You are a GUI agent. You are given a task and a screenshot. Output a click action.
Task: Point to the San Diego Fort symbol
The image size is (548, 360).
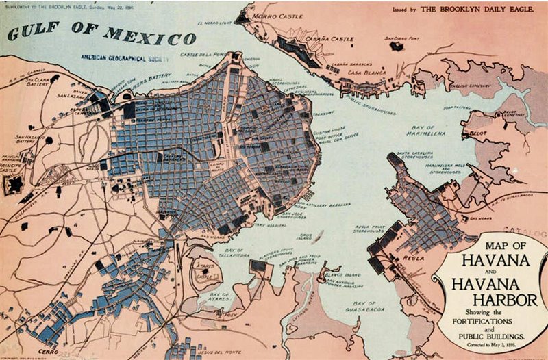pos(396,46)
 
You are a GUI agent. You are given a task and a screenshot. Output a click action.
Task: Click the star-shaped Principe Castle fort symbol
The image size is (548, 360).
pos(14,183)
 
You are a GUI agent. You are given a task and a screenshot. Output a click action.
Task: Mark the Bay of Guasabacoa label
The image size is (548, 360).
pos(363,306)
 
